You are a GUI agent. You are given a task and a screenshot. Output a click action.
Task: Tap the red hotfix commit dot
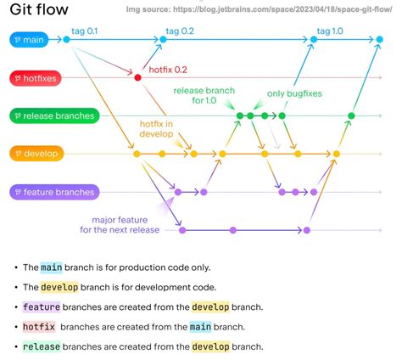pyautogui.click(x=137, y=77)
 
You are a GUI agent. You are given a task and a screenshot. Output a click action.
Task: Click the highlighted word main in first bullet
pyautogui.click(x=50, y=267)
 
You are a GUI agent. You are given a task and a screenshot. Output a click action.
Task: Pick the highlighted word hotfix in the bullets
pyautogui.click(x=39, y=326)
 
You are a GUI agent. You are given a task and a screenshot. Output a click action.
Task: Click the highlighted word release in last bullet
pyautogui.click(x=42, y=346)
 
